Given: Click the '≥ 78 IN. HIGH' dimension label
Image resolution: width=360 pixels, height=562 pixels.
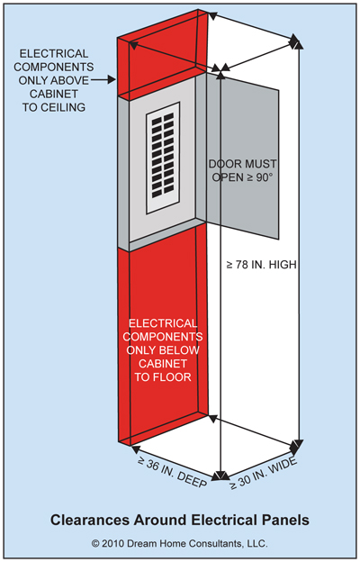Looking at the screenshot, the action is click(x=262, y=265).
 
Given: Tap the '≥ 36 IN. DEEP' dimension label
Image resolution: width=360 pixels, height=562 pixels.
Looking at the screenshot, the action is click(x=172, y=472).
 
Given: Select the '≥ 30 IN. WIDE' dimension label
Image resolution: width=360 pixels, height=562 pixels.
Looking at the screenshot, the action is click(x=264, y=474).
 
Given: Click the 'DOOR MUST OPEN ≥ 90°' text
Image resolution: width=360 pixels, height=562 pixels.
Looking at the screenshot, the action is click(x=242, y=170).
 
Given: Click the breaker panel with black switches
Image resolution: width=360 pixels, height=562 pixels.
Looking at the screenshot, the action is click(x=163, y=159).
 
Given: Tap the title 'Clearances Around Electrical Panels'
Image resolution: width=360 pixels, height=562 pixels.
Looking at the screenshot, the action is click(x=180, y=520).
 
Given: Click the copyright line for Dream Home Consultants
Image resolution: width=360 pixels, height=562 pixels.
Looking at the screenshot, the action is click(x=180, y=543).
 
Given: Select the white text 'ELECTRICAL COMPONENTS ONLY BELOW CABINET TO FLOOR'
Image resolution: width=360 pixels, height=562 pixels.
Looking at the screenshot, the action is click(x=163, y=350).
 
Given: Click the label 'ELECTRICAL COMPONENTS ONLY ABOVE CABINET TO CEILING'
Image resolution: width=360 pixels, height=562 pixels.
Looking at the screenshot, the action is click(x=54, y=80).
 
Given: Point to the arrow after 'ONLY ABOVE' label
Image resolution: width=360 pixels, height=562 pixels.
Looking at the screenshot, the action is click(x=103, y=80).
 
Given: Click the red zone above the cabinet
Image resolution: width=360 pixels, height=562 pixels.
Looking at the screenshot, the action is click(x=162, y=54).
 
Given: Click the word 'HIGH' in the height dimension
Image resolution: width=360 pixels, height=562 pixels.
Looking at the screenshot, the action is click(x=283, y=265).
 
